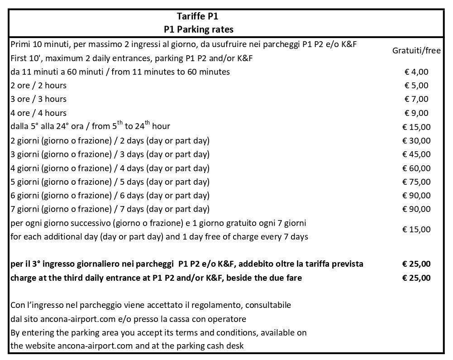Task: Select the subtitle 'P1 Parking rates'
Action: click(199, 29)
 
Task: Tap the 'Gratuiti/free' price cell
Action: click(416, 51)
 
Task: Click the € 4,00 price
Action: click(416, 72)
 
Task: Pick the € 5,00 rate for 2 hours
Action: click(416, 85)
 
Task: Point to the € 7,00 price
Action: click(416, 99)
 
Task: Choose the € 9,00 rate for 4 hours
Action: click(416, 113)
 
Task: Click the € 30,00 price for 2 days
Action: click(416, 140)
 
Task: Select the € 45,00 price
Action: click(416, 154)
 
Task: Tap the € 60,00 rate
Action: click(416, 168)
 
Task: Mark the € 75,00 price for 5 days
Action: click(416, 182)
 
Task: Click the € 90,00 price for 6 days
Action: click(416, 196)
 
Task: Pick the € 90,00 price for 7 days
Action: click(416, 209)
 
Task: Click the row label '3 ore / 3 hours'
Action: click(38, 99)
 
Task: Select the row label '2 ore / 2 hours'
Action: click(38, 85)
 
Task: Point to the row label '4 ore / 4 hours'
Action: click(38, 113)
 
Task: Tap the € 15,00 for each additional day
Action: click(416, 230)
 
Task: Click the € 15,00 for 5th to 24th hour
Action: click(416, 127)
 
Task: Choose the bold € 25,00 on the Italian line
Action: click(416, 264)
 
